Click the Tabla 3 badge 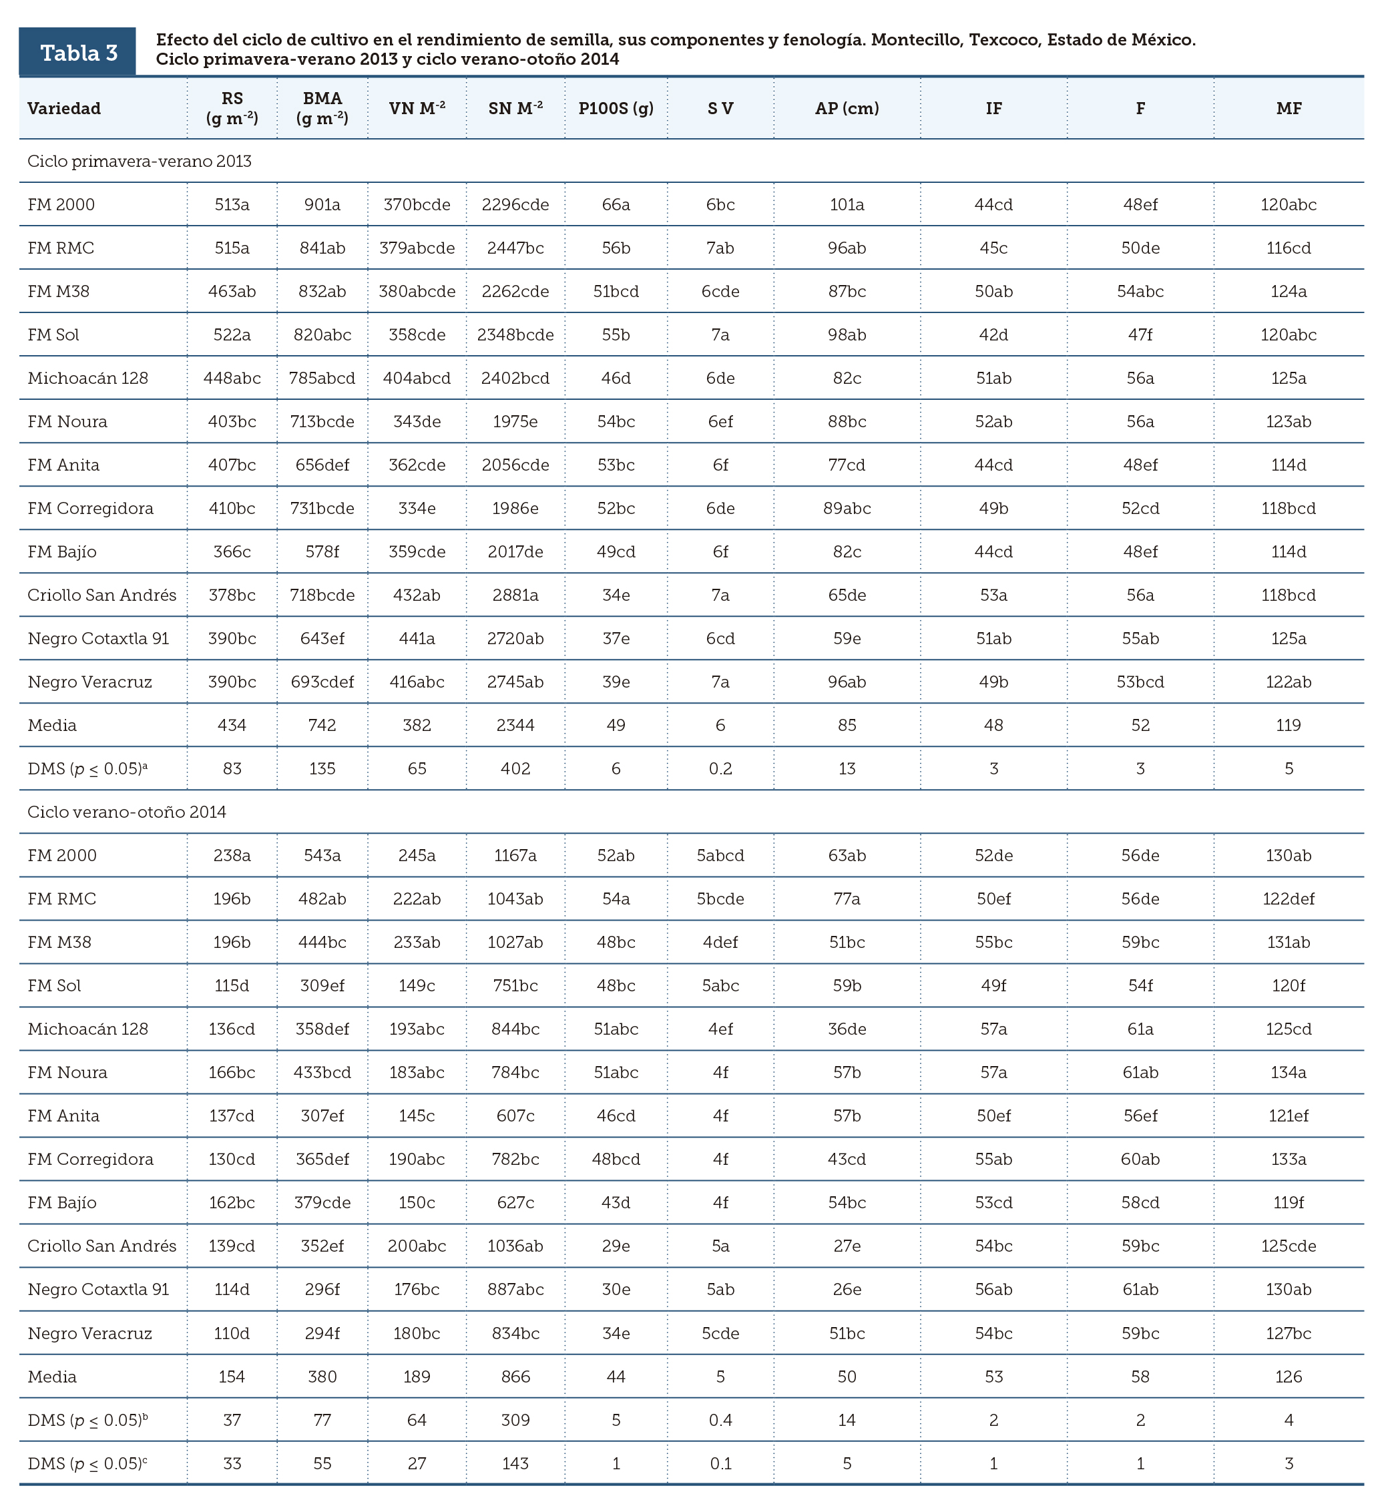click(78, 53)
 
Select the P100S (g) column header click(616, 109)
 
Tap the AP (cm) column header click(847, 109)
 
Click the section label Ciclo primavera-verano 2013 click(140, 162)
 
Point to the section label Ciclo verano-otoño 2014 click(127, 812)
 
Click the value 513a click(232, 205)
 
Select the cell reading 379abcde click(417, 248)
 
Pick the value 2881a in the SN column click(515, 595)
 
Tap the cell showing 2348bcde click(515, 335)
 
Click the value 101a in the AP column click(847, 205)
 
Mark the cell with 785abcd click(322, 379)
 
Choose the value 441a click(417, 639)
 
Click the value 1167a click(515, 856)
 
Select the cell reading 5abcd click(720, 856)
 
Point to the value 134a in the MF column click(1289, 1073)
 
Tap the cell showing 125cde click(1289, 1246)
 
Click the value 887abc click(515, 1290)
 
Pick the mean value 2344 click(515, 726)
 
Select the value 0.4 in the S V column click(720, 1421)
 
